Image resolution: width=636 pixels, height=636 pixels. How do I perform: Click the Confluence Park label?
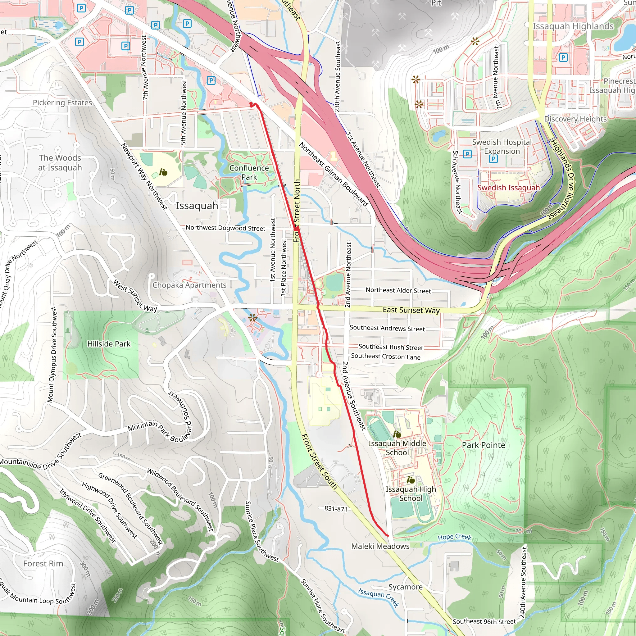249,172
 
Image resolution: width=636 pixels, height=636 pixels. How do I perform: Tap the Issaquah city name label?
197,206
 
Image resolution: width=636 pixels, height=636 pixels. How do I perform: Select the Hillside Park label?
109,344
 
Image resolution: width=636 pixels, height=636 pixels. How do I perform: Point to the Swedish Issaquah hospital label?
508,188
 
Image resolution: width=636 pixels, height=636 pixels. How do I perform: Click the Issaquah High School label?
411,494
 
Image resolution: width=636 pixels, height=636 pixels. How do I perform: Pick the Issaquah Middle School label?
397,448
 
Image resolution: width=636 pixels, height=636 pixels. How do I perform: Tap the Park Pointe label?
483,445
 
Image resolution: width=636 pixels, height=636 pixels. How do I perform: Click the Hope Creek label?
454,537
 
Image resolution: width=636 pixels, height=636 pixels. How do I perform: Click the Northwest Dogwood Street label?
225,228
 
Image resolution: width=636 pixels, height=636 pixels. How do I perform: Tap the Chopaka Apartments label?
189,285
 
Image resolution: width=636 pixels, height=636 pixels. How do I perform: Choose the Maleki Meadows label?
380,546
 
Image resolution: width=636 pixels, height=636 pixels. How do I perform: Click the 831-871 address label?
335,509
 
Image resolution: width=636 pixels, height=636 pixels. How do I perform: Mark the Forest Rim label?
43,564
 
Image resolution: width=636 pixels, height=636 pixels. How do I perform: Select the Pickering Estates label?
62,103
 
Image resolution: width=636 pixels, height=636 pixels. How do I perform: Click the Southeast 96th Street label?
484,621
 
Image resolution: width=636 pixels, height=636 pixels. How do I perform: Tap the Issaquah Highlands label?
573,26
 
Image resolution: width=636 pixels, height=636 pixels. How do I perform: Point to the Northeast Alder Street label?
398,290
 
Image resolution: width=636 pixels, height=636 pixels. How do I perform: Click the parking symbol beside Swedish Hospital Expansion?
493,159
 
